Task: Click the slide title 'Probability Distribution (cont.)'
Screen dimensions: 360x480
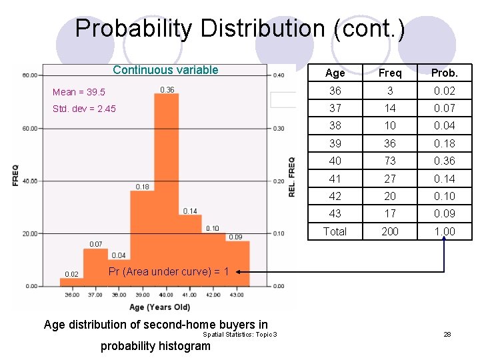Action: [239, 29]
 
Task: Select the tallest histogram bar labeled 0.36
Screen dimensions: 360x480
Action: [167, 187]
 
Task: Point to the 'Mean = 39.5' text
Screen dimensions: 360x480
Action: [79, 92]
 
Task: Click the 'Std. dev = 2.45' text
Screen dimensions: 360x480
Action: [84, 109]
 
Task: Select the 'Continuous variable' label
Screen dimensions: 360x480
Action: [165, 70]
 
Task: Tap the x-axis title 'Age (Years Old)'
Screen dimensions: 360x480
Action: [159, 307]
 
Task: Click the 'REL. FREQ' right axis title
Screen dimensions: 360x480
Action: [291, 177]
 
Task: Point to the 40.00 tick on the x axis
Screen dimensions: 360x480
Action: [167, 295]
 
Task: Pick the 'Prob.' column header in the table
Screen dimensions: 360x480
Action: [444, 73]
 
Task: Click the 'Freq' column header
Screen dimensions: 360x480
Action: [390, 73]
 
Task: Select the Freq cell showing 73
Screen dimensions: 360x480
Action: [390, 161]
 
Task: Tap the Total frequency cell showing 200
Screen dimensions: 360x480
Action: [390, 231]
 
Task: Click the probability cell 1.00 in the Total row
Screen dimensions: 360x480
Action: [444, 231]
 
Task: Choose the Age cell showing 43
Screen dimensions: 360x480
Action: [335, 213]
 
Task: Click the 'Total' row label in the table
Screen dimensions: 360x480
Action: [335, 231]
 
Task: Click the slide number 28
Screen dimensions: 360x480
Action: [447, 334]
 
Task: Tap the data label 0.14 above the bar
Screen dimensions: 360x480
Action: [190, 211]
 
